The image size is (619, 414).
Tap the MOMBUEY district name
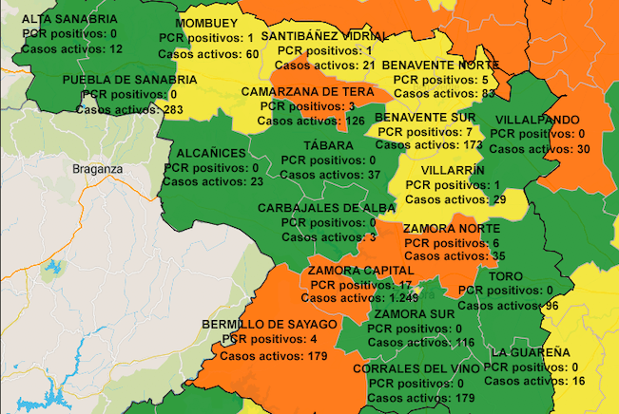(207, 23)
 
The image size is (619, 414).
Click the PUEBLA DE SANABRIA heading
(130, 80)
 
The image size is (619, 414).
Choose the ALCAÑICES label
(212, 153)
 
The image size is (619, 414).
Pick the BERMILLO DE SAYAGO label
(270, 325)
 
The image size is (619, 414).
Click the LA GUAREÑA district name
(531, 352)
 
